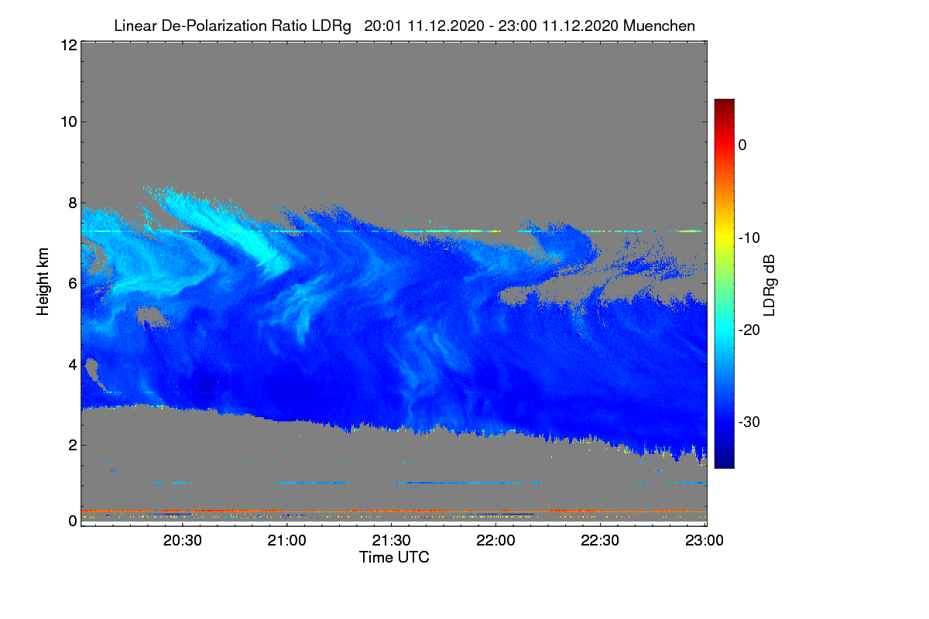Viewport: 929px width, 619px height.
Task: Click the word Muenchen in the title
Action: point(659,26)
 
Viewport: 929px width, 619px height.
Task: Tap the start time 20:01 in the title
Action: point(382,26)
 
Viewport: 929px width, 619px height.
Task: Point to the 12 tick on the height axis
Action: point(69,45)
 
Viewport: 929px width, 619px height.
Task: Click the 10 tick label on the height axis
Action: point(69,122)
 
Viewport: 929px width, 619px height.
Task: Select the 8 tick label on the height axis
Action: point(73,203)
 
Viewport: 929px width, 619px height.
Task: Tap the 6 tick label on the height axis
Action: point(73,284)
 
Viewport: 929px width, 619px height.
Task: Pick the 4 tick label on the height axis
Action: point(73,365)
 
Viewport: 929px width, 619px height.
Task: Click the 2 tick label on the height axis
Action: point(73,445)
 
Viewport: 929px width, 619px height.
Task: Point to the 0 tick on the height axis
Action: point(73,521)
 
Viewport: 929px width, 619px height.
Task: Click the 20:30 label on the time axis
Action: point(183,540)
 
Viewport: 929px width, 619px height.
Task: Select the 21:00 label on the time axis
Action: point(286,540)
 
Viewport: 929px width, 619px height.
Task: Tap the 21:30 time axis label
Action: point(391,540)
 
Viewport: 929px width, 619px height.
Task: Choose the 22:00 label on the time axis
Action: point(495,540)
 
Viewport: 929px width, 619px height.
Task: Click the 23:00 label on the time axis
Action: point(704,540)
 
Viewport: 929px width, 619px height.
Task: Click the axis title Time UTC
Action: point(394,557)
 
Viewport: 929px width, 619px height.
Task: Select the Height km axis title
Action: point(43,282)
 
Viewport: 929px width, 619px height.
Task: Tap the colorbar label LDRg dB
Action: point(770,286)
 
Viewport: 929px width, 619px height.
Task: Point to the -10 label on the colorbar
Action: point(749,238)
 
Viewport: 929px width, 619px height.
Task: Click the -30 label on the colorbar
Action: point(749,422)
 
